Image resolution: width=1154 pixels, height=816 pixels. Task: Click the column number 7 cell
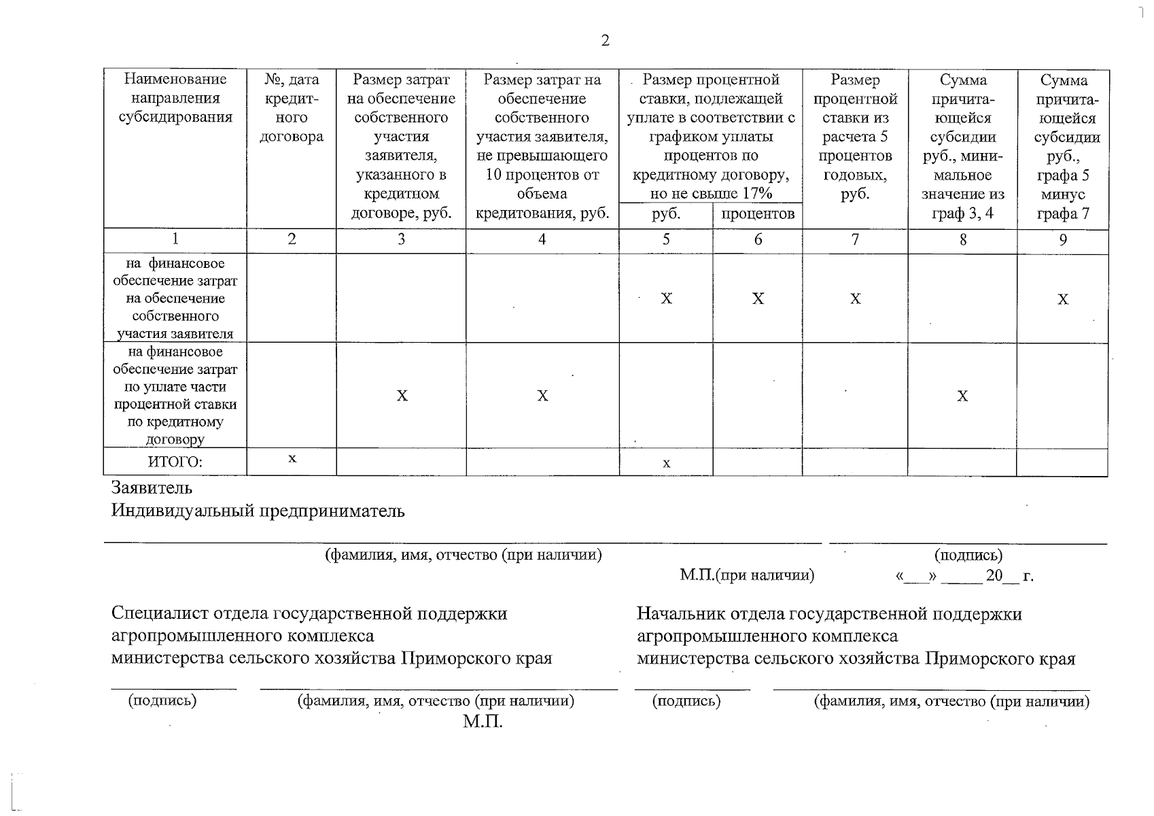pyautogui.click(x=855, y=239)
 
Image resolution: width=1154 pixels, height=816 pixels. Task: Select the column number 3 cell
pyautogui.click(x=401, y=239)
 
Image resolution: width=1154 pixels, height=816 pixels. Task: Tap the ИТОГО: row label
pyautogui.click(x=175, y=462)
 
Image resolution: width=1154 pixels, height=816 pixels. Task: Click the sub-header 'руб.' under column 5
pyautogui.click(x=666, y=214)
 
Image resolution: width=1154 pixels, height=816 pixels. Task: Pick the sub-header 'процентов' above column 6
pyautogui.click(x=758, y=214)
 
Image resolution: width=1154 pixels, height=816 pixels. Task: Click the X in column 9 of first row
pyautogui.click(x=1063, y=299)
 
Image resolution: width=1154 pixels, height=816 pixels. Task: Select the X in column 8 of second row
pyautogui.click(x=962, y=396)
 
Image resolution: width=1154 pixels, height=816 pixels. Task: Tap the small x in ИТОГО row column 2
pyautogui.click(x=292, y=459)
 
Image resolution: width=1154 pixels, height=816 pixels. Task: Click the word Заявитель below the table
pyautogui.click(x=152, y=488)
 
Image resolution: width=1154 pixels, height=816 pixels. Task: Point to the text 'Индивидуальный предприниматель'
pyautogui.click(x=258, y=511)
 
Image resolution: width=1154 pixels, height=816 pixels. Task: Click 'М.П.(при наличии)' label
pyautogui.click(x=747, y=575)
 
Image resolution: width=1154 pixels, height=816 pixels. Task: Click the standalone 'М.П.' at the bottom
pyautogui.click(x=483, y=721)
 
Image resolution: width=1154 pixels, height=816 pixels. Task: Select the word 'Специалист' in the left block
pyautogui.click(x=160, y=613)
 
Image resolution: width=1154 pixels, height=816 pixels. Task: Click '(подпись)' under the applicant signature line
pyautogui.click(x=968, y=556)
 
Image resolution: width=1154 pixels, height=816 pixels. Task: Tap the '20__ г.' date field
pyautogui.click(x=1009, y=576)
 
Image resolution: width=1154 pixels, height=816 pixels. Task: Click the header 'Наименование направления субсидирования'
pyautogui.click(x=175, y=99)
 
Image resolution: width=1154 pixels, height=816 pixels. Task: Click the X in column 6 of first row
pyautogui.click(x=758, y=299)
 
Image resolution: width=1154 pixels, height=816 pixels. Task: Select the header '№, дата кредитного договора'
pyautogui.click(x=292, y=108)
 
